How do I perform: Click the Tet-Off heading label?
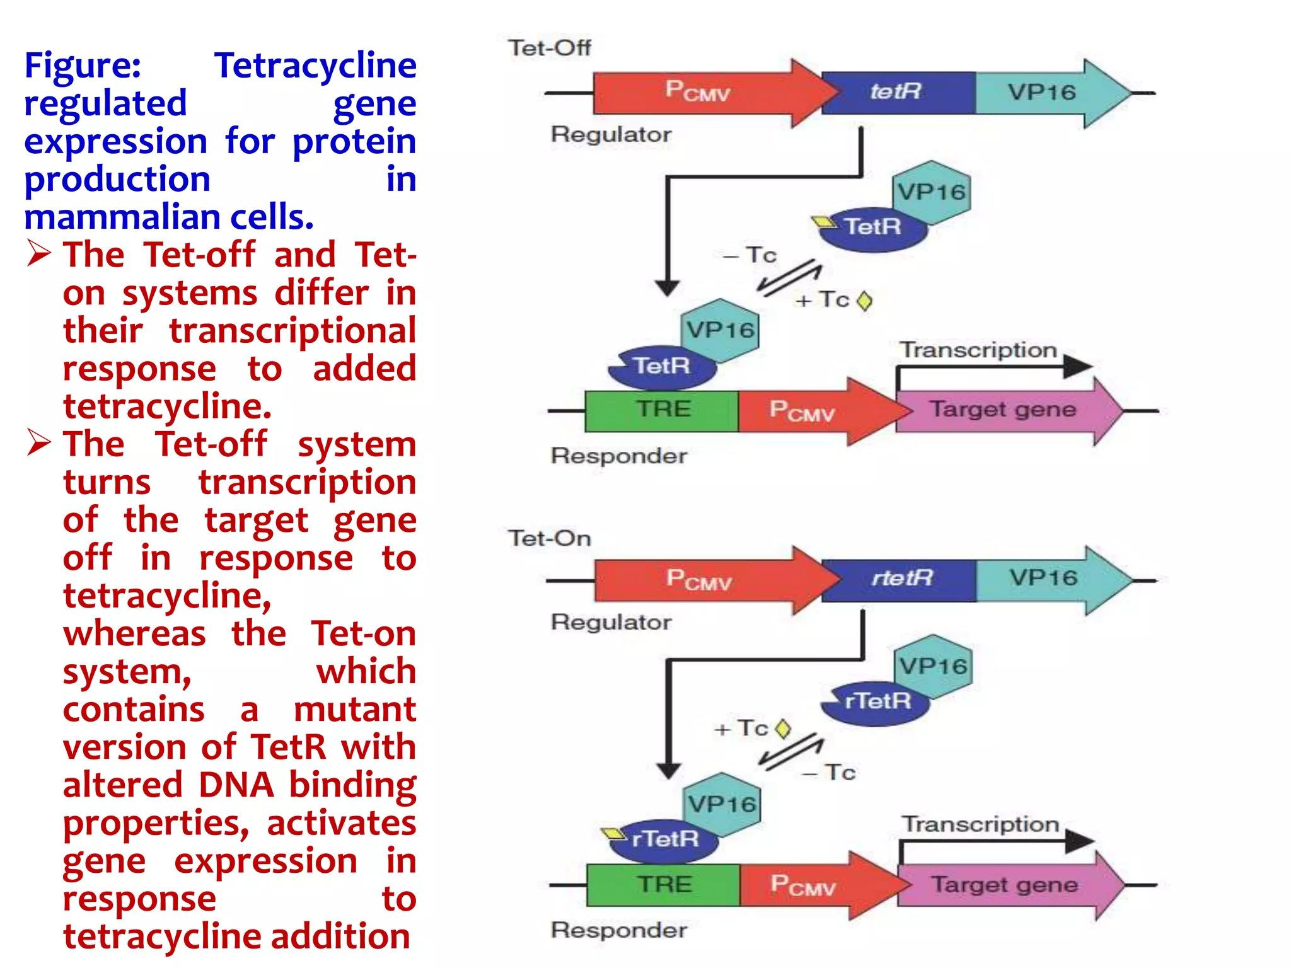tap(549, 48)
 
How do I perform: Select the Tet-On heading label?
tap(549, 538)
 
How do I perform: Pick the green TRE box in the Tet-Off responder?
tap(662, 410)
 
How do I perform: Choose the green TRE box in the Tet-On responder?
tap(663, 885)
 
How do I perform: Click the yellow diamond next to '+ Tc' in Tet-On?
tap(783, 729)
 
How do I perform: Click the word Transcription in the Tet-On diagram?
tap(980, 824)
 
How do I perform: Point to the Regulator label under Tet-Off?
tap(610, 134)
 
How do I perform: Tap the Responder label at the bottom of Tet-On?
tap(618, 930)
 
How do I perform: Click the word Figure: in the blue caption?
tap(83, 66)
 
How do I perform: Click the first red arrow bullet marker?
tap(39, 254)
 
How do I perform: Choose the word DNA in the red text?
tap(236, 785)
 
